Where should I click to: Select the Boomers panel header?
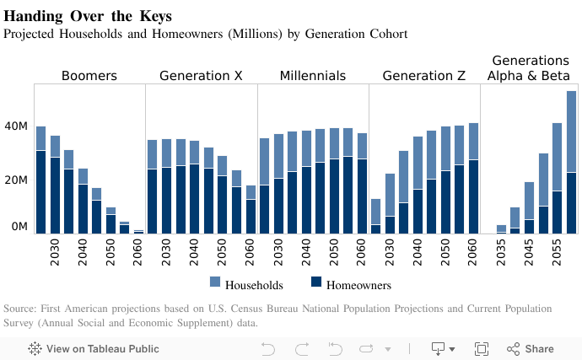click(x=89, y=76)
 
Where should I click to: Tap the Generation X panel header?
click(x=201, y=76)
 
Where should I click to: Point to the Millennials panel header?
click(x=312, y=76)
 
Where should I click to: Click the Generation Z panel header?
click(x=423, y=76)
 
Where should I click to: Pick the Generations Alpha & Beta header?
click(x=530, y=68)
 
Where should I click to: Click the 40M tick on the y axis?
click(x=16, y=126)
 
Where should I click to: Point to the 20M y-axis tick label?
click(x=16, y=180)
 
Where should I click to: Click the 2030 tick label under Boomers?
click(x=55, y=255)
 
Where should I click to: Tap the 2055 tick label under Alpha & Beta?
click(x=558, y=255)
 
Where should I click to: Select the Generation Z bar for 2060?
click(x=473, y=177)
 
